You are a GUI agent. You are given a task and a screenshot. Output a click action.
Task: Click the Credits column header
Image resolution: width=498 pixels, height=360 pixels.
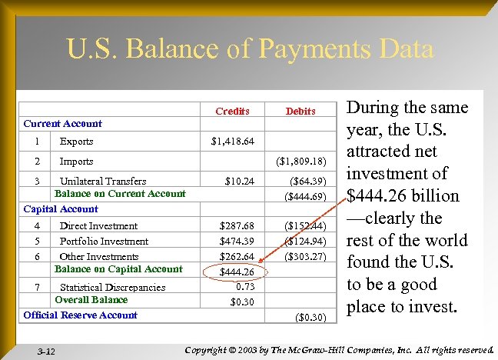(x=232, y=111)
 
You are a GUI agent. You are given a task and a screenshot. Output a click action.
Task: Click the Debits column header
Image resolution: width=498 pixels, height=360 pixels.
(x=300, y=111)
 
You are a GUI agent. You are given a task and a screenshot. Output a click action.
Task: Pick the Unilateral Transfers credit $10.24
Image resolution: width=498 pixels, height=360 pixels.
(x=239, y=182)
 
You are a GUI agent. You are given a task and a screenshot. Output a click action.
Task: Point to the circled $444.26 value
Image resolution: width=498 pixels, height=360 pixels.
(x=237, y=272)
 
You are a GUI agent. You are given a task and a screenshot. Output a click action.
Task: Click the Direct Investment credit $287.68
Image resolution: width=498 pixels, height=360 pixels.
(x=237, y=226)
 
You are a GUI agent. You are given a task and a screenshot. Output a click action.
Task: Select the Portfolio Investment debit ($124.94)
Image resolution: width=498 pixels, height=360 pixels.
(x=305, y=242)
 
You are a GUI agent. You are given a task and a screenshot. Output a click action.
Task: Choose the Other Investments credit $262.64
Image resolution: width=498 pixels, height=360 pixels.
(x=237, y=257)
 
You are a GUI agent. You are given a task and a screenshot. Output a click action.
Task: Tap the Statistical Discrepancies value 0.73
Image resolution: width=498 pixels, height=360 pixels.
(x=245, y=286)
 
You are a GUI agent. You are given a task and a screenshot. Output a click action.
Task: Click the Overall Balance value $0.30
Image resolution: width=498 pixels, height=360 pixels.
(x=242, y=301)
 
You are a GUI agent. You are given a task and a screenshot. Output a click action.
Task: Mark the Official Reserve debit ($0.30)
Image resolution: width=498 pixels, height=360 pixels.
(x=310, y=316)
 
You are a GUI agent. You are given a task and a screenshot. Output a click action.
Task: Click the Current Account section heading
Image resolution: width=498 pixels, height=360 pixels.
(x=62, y=123)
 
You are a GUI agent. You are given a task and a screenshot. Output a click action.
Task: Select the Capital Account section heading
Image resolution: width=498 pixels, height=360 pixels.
(x=61, y=208)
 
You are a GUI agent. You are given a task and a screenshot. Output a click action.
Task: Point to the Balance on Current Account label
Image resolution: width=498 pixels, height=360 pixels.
(x=120, y=194)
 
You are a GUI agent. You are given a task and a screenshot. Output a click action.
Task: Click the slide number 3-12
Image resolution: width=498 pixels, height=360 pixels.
(x=46, y=351)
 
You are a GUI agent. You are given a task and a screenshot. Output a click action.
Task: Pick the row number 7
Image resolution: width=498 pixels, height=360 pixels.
(x=37, y=287)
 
